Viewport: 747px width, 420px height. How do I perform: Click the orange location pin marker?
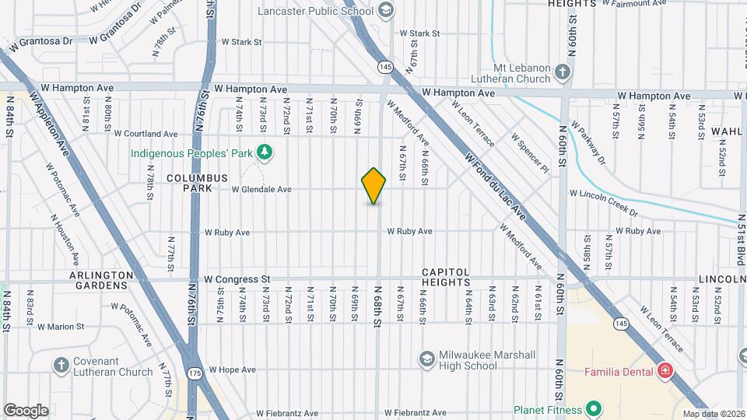pos(374,186)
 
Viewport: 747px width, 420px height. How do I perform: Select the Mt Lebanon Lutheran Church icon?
pos(563,73)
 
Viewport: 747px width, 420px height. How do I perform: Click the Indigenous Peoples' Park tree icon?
pos(265,152)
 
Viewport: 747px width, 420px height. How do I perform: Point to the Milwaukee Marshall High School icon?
pos(426,359)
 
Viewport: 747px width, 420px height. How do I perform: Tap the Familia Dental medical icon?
pos(665,371)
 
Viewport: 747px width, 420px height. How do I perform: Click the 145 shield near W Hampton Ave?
pos(384,68)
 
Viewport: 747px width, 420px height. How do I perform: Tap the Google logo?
pos(26,410)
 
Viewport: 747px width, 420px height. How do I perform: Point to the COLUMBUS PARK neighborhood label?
pos(197,184)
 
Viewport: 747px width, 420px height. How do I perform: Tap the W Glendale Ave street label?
pos(261,189)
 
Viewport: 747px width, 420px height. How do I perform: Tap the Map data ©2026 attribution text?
pos(713,414)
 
